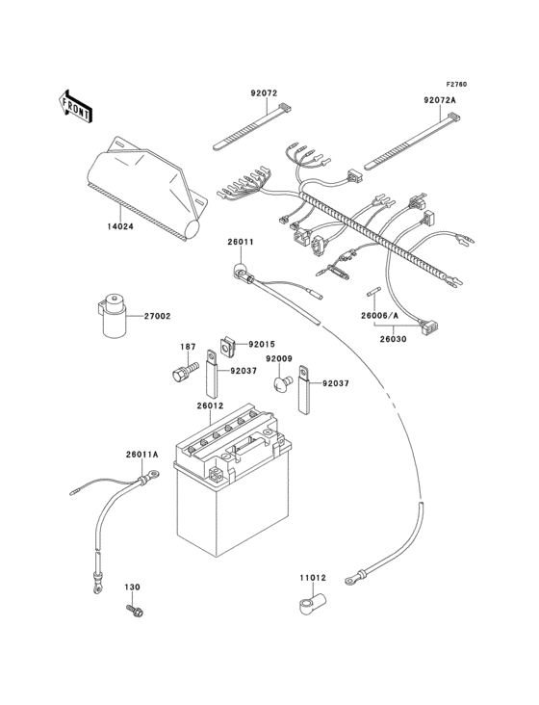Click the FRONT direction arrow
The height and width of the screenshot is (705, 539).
pyautogui.click(x=75, y=106)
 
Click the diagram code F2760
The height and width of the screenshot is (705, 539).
pyautogui.click(x=456, y=84)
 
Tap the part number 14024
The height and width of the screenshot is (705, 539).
pyautogui.click(x=120, y=226)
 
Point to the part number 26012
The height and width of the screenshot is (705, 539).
pyautogui.click(x=210, y=406)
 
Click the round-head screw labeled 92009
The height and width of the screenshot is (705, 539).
pyautogui.click(x=283, y=383)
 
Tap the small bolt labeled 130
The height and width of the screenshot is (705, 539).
pyautogui.click(x=135, y=610)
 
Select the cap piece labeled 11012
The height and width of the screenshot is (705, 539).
pyautogui.click(x=313, y=603)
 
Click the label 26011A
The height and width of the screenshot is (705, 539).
pyautogui.click(x=141, y=455)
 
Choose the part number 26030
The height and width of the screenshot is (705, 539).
pyautogui.click(x=393, y=339)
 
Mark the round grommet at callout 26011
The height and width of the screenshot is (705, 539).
pyautogui.click(x=240, y=272)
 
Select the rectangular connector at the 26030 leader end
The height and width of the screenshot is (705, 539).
pyautogui.click(x=429, y=325)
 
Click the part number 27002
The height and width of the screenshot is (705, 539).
pyautogui.click(x=157, y=316)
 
